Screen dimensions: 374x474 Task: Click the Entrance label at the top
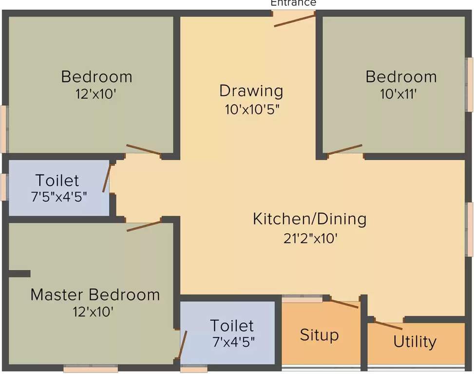(x=293, y=3)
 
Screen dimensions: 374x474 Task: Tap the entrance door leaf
(x=294, y=20)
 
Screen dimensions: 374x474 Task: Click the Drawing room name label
(x=251, y=91)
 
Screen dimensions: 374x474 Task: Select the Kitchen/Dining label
(x=309, y=219)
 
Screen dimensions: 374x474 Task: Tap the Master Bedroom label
(x=95, y=295)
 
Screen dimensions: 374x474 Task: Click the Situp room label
(x=319, y=335)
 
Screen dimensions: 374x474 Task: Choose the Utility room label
(x=415, y=341)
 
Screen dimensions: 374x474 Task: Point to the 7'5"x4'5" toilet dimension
(x=58, y=197)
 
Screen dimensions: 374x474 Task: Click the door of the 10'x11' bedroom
(x=345, y=150)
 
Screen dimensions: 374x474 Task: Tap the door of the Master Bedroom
(x=144, y=225)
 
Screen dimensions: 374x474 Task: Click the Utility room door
(x=388, y=325)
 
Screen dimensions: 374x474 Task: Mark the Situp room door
(x=344, y=304)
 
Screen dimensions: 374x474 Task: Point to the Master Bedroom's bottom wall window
(x=91, y=369)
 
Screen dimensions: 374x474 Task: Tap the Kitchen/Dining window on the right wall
(x=470, y=229)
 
